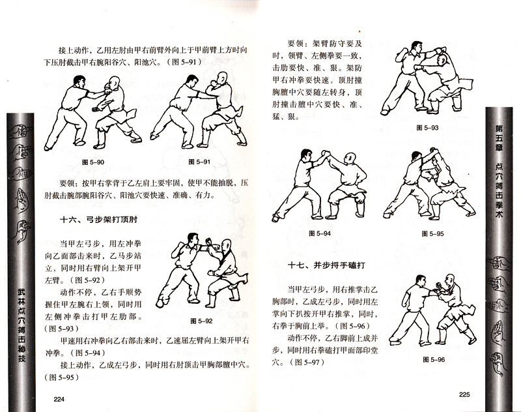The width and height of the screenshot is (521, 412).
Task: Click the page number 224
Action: (59, 400)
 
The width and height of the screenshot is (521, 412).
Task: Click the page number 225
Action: (464, 394)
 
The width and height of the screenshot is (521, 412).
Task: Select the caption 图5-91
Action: (198, 161)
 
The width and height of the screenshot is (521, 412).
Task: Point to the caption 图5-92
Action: (202, 321)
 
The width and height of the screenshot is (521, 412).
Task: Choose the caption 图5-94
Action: (319, 233)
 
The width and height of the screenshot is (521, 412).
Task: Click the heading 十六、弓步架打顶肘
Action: (99, 221)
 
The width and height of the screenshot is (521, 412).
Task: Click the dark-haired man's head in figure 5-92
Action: (192, 239)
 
